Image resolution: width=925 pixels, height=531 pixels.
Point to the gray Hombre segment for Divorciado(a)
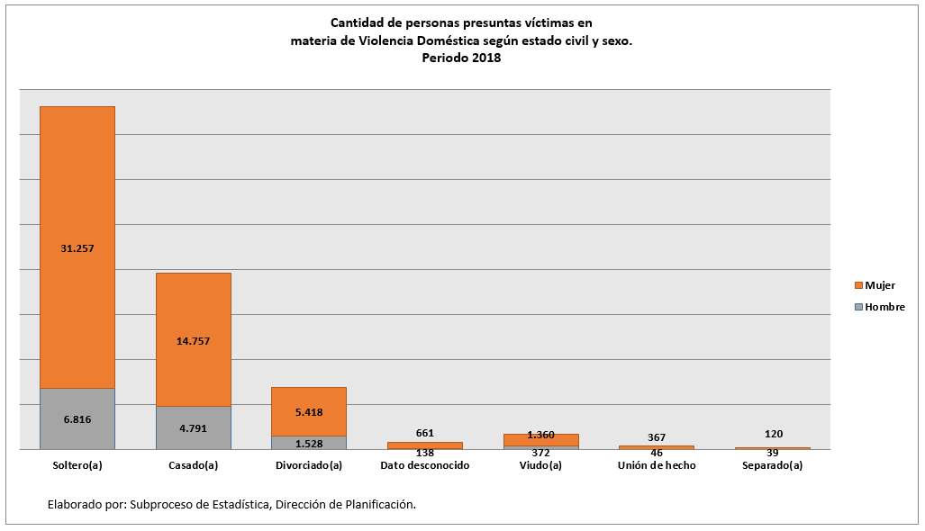(309, 443)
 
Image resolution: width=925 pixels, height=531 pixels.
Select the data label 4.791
(194, 428)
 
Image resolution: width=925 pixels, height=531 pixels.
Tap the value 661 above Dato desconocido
(424, 433)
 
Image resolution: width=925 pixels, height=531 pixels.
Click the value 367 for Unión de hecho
(657, 437)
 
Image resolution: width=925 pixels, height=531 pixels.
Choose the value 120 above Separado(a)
(772, 434)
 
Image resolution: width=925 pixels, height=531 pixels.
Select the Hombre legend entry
(878, 307)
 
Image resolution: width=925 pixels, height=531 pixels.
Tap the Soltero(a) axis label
(77, 465)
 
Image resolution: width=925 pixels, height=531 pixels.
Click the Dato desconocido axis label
(424, 465)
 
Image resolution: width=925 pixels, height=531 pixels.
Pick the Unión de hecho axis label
(657, 465)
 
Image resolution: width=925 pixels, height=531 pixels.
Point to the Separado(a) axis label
(772, 465)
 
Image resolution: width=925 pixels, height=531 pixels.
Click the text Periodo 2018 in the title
(461, 58)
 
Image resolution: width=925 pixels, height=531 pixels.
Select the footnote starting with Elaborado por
(231, 505)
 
